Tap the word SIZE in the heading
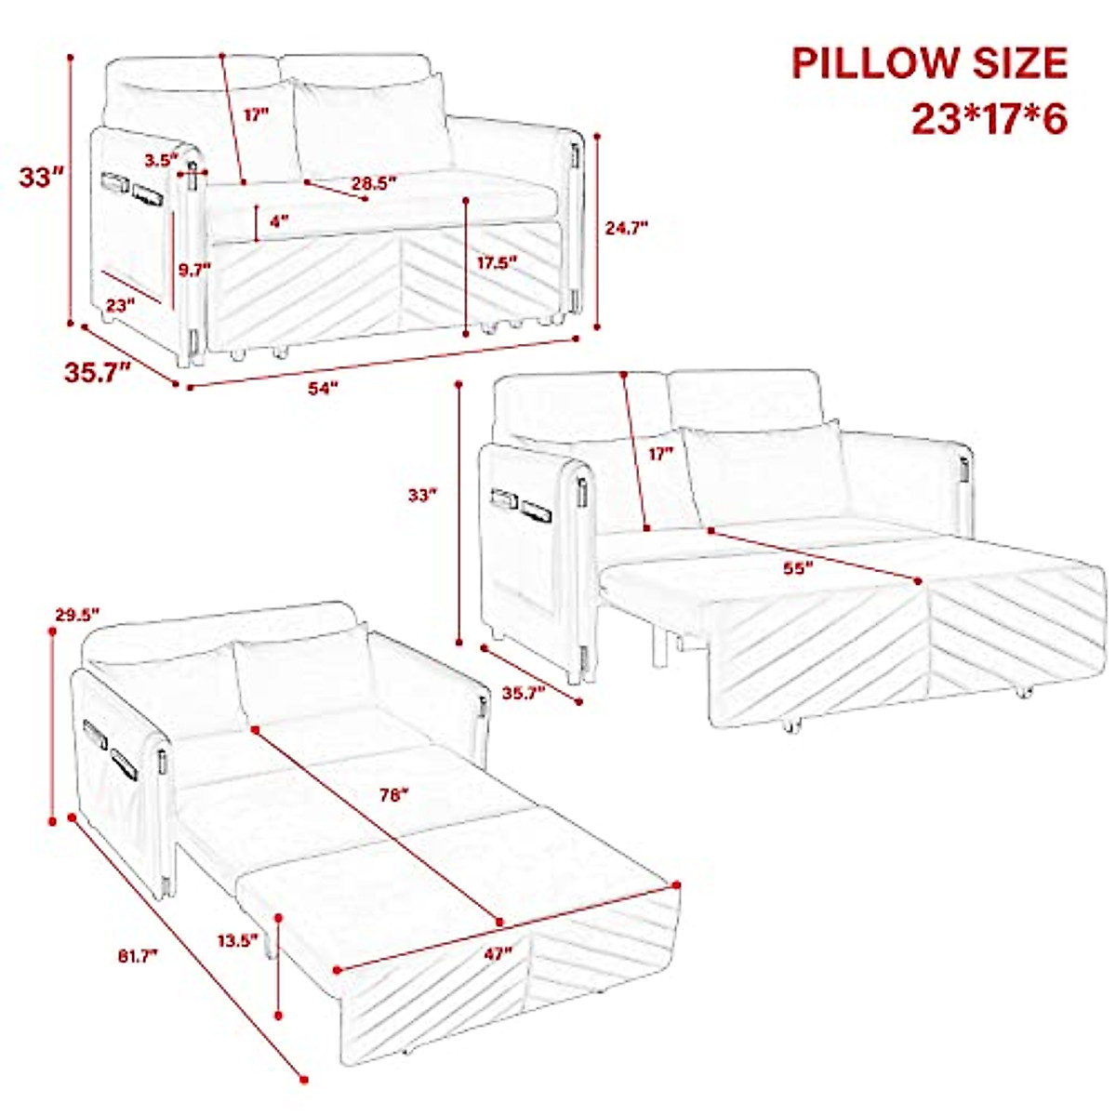1021,63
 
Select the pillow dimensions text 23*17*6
988,119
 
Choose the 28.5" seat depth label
374,183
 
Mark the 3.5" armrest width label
160,160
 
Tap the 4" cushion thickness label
278,221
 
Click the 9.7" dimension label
194,270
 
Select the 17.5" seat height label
497,262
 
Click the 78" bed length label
394,795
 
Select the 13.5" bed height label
237,940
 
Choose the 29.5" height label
76,613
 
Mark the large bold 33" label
42,177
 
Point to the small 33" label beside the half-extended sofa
421,496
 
